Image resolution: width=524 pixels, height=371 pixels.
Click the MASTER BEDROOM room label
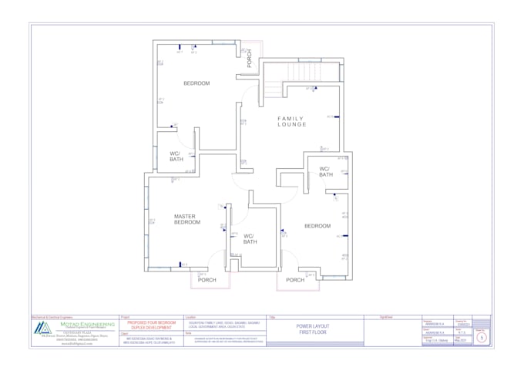click(x=187, y=219)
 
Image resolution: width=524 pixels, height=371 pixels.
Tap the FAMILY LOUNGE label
click(x=292, y=120)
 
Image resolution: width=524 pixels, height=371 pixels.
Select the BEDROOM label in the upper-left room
click(x=196, y=83)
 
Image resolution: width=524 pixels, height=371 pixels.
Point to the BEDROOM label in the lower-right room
click(x=317, y=226)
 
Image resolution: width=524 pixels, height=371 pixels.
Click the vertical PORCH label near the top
click(x=249, y=59)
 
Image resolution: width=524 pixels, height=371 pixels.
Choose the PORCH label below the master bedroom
click(x=207, y=280)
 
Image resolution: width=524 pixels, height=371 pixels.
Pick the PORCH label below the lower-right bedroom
click(x=295, y=280)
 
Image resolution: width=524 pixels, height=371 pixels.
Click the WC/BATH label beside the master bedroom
click(x=250, y=239)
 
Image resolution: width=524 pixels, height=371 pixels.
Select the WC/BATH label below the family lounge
click(x=325, y=172)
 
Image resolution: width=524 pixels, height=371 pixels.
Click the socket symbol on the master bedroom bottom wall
click(x=180, y=265)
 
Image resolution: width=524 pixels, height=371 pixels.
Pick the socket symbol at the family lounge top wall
click(x=314, y=88)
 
